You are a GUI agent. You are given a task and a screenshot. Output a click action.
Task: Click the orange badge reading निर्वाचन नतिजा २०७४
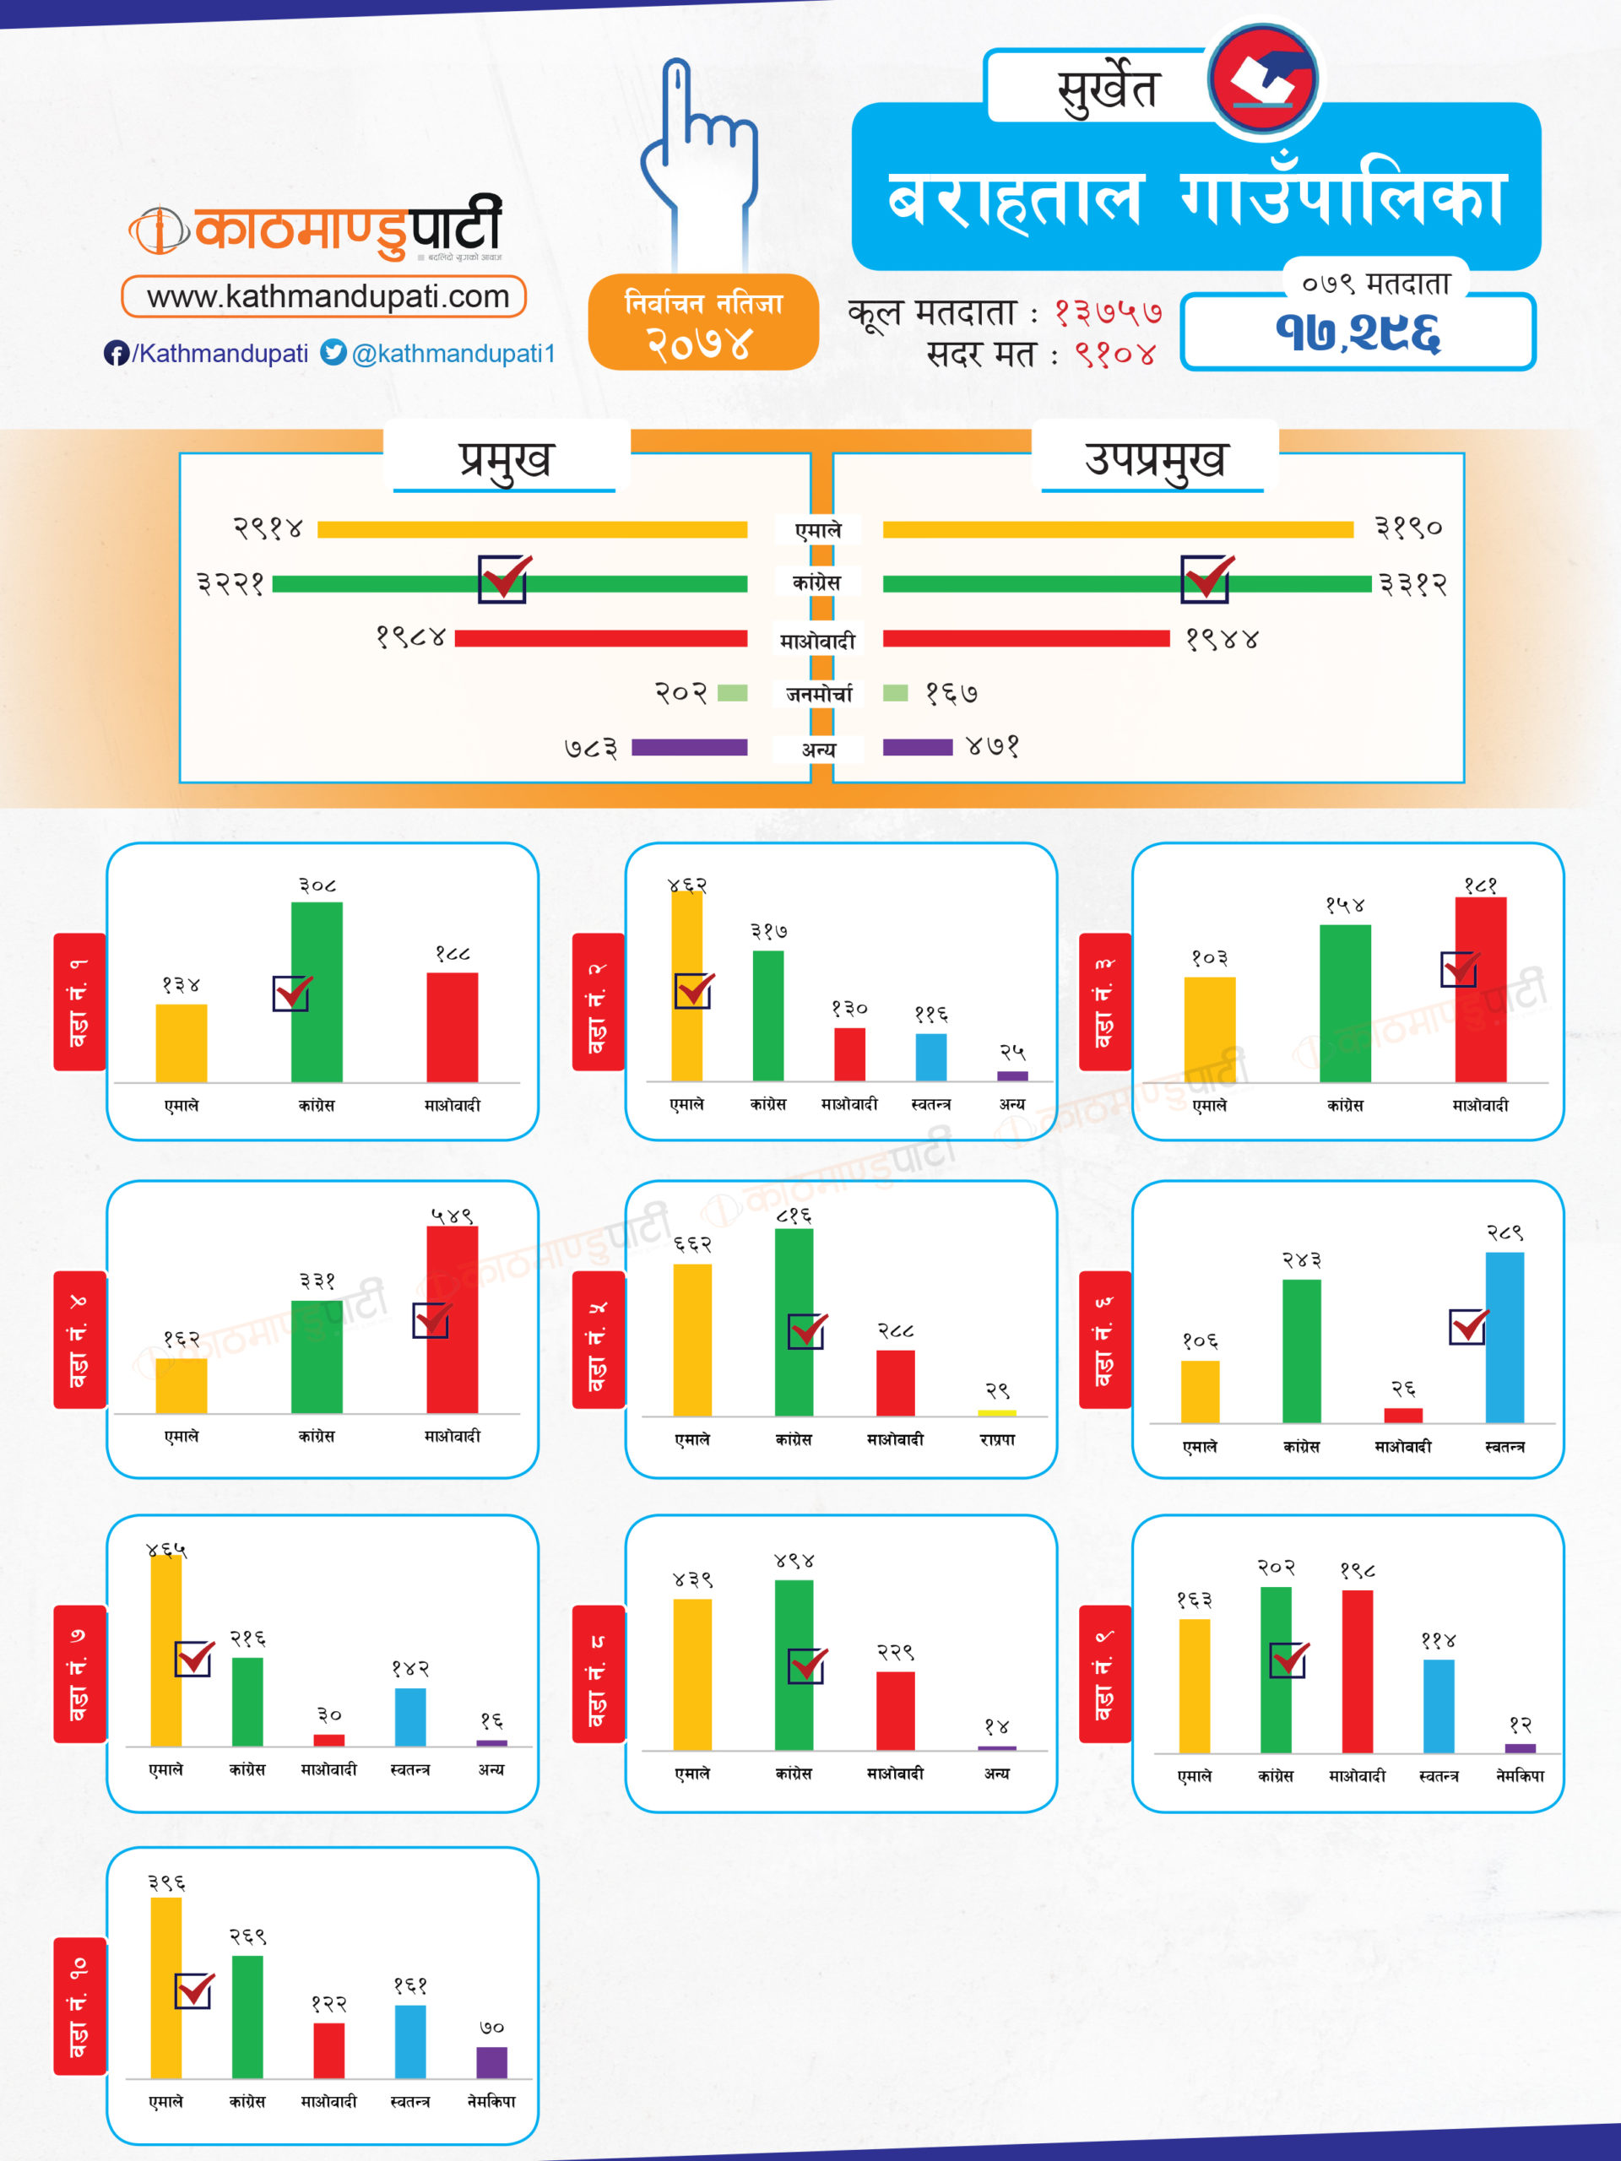tap(702, 322)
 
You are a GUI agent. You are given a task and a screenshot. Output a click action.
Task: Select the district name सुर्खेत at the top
tap(1107, 89)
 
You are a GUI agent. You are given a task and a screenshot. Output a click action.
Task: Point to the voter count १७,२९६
tap(1358, 332)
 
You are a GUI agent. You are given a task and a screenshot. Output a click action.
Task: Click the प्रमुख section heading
tap(505, 458)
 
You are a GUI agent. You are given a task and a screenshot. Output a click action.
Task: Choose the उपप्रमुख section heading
tap(1154, 458)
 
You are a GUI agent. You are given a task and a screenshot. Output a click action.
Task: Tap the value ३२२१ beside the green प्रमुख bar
tap(230, 584)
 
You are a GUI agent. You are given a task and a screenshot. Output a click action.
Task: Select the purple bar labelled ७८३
tap(689, 747)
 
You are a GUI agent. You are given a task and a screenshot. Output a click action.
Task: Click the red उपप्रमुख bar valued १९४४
tap(1026, 639)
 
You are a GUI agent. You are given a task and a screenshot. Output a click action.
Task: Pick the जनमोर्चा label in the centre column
tap(819, 694)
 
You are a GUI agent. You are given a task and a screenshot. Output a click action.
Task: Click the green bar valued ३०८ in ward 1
tap(317, 992)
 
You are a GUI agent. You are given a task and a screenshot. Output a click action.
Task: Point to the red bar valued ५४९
tap(452, 1319)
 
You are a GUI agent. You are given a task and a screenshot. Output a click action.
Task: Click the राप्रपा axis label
tap(996, 1439)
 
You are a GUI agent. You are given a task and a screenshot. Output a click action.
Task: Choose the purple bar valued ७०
tap(491, 2062)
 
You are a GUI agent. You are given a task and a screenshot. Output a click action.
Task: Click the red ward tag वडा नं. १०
tap(79, 2006)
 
